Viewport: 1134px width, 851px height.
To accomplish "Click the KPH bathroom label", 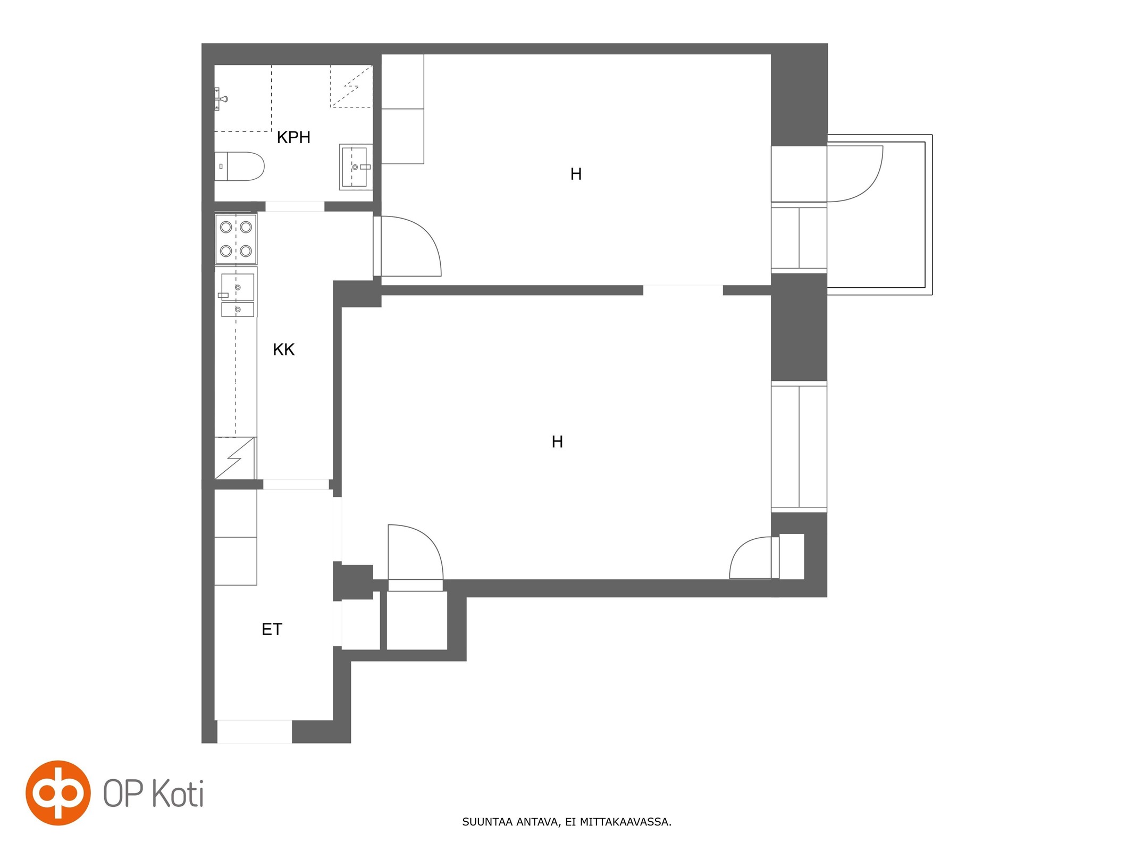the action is click(293, 137).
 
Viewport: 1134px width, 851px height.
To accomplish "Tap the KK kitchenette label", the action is click(283, 349).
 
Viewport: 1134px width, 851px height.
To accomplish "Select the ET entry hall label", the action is click(272, 629).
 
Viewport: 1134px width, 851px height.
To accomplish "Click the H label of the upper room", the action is click(576, 174).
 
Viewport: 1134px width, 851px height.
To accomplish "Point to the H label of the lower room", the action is click(557, 441).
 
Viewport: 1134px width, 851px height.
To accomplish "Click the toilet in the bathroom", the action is click(239, 166).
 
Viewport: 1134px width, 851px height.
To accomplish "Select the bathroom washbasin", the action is click(356, 167).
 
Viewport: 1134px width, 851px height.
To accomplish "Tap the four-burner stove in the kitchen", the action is click(236, 239).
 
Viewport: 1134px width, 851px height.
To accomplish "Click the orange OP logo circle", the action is click(58, 792).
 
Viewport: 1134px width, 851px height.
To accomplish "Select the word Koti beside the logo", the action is click(178, 794).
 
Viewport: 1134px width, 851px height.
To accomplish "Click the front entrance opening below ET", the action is click(255, 731).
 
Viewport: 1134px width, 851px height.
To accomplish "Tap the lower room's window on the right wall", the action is click(799, 447).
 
